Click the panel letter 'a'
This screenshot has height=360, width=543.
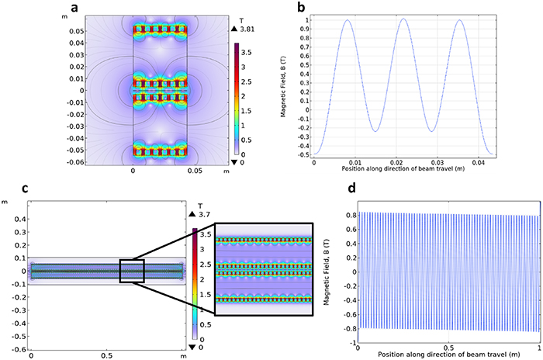pos(74,9)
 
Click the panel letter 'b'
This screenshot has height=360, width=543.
pos(303,9)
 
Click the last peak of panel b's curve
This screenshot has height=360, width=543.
pos(459,21)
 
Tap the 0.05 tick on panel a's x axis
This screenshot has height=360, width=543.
pos(188,168)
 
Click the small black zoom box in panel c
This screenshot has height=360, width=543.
pos(131,272)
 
